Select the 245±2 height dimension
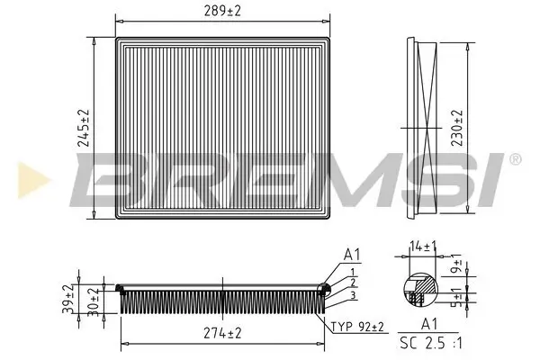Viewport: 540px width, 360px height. click(82, 129)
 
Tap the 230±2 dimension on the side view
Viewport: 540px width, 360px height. click(457, 129)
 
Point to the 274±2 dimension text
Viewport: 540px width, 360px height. click(222, 333)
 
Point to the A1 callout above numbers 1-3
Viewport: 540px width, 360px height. click(351, 255)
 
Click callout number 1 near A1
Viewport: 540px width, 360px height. click(354, 271)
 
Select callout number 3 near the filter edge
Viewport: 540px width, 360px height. click(354, 295)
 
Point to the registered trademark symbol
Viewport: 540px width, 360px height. click(514, 159)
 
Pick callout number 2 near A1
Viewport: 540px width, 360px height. click(354, 283)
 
